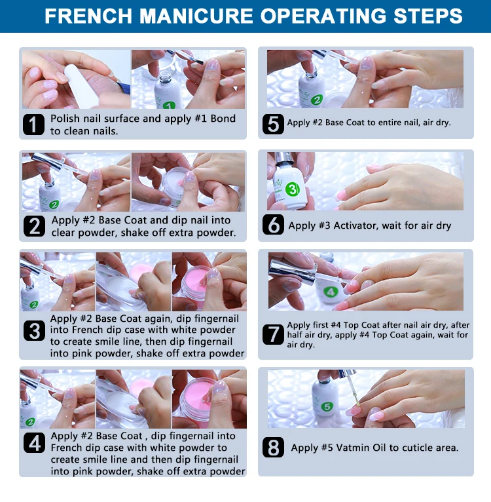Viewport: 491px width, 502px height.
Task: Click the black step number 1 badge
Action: [x=33, y=125]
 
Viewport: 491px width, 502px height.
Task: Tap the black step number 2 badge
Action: [x=34, y=226]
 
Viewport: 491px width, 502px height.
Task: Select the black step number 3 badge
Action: [x=34, y=331]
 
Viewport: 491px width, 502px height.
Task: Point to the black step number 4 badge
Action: [x=34, y=443]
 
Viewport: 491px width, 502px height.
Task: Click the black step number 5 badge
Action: [x=273, y=124]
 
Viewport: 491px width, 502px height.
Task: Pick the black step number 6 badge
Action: [x=273, y=224]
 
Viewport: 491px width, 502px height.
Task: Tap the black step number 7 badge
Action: [x=273, y=335]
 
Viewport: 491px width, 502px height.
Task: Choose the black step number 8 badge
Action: [x=273, y=447]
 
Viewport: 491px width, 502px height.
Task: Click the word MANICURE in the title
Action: [x=196, y=16]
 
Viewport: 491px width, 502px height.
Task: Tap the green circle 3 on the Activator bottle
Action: [x=292, y=189]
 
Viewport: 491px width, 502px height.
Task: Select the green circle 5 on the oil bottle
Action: [x=327, y=407]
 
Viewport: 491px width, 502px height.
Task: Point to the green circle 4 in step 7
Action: [x=331, y=292]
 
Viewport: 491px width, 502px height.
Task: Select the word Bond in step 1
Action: [x=223, y=119]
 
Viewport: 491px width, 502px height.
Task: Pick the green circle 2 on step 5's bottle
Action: [x=317, y=100]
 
